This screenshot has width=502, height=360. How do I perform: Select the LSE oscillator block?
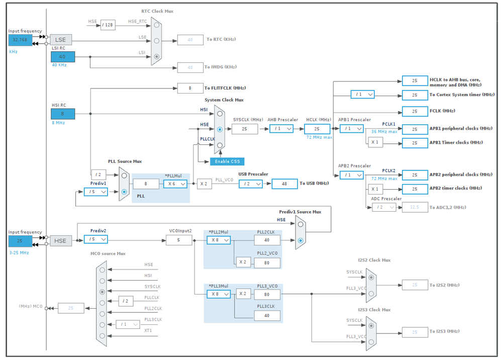tap(60, 40)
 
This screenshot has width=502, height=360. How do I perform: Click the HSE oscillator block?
tap(60, 241)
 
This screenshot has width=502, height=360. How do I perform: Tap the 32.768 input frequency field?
tap(20, 40)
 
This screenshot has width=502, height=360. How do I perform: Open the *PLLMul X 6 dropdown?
tap(175, 184)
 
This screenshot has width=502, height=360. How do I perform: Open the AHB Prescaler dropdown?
tap(281, 129)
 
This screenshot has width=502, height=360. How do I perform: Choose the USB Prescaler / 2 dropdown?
tap(250, 184)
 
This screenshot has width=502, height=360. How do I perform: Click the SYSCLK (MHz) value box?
tap(245, 129)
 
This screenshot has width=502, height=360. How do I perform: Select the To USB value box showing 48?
tap(284, 184)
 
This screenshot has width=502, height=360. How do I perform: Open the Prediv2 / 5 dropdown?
tap(95, 239)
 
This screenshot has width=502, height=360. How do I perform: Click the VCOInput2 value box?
tap(179, 240)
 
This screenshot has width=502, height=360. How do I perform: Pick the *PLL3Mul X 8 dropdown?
tap(219, 294)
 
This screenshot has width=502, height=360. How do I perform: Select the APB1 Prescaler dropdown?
tap(351, 129)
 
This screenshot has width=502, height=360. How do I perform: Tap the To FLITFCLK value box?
tap(190, 88)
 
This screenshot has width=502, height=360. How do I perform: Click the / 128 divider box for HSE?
tap(108, 25)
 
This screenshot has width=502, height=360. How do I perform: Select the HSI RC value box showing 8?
tap(62, 114)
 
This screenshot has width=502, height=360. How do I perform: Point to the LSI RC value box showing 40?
tap(62, 57)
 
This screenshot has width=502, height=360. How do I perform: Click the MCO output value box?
tap(71, 308)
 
